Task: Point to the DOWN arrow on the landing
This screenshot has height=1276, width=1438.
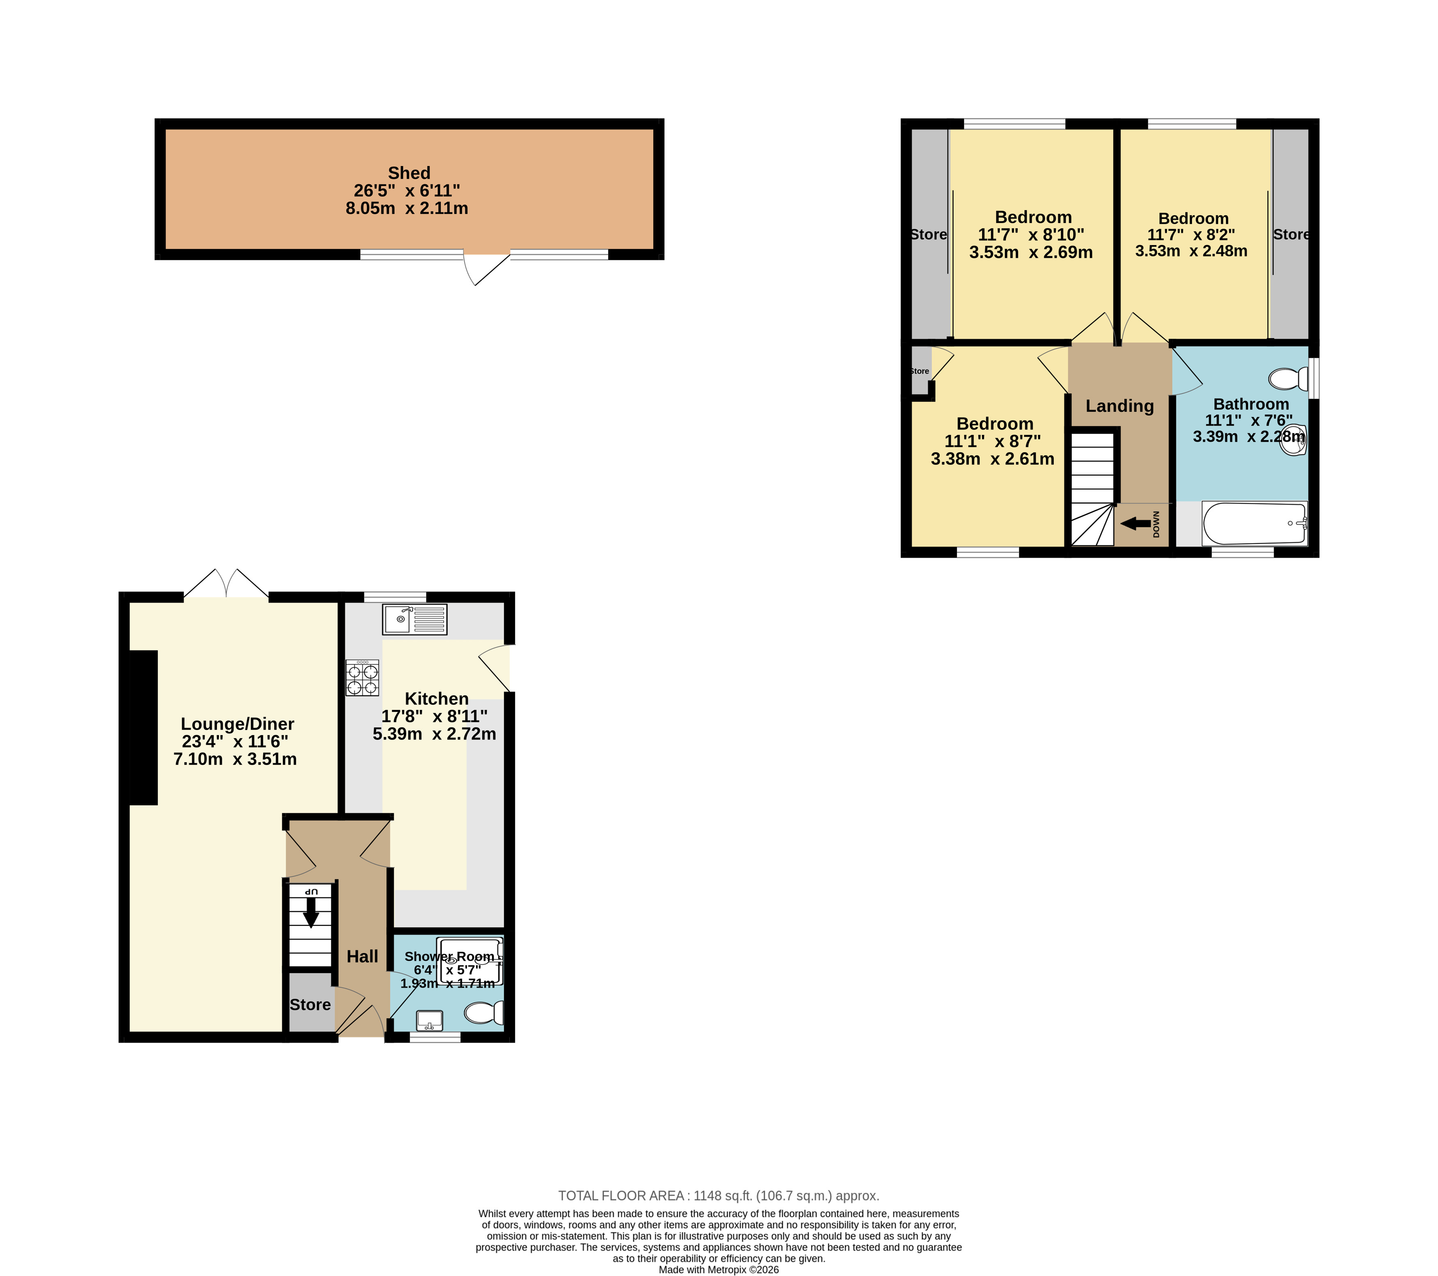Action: [x=1135, y=523]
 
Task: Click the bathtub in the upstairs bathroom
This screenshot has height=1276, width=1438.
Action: [x=1254, y=523]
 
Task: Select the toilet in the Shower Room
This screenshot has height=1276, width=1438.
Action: [x=484, y=1013]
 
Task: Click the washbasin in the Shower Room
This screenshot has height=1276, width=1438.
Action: [x=429, y=1020]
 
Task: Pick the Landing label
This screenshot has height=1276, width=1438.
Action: [x=1119, y=406]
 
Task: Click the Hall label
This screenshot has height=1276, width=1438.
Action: [x=362, y=957]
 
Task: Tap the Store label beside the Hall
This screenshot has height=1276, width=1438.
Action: [x=310, y=1005]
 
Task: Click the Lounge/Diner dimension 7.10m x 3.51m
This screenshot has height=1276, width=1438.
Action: [x=235, y=759]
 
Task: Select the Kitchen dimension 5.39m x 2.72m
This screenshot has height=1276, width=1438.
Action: [x=434, y=734]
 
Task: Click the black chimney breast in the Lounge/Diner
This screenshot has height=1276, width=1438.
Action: [x=144, y=727]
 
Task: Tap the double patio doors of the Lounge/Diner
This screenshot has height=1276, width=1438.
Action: [x=226, y=583]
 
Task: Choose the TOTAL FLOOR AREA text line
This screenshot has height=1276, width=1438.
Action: [x=718, y=1196]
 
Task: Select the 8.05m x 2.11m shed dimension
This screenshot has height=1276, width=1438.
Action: [x=407, y=208]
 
